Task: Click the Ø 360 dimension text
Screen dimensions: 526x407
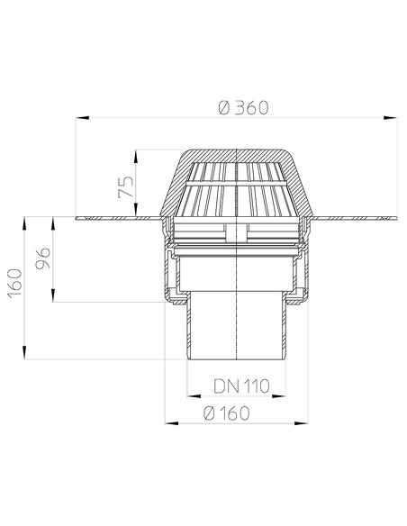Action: pyautogui.click(x=244, y=107)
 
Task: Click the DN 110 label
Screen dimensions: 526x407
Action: pyautogui.click(x=241, y=386)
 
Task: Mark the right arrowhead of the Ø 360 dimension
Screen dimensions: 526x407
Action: pyautogui.click(x=394, y=117)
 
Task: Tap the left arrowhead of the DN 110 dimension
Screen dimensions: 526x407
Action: pyautogui.click(x=191, y=396)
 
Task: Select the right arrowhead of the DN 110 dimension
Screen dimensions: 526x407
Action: pyautogui.click(x=286, y=396)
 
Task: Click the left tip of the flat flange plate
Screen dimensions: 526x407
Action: pyautogui.click(x=78, y=217)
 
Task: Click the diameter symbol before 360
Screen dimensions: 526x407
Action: pyautogui.click(x=223, y=107)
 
